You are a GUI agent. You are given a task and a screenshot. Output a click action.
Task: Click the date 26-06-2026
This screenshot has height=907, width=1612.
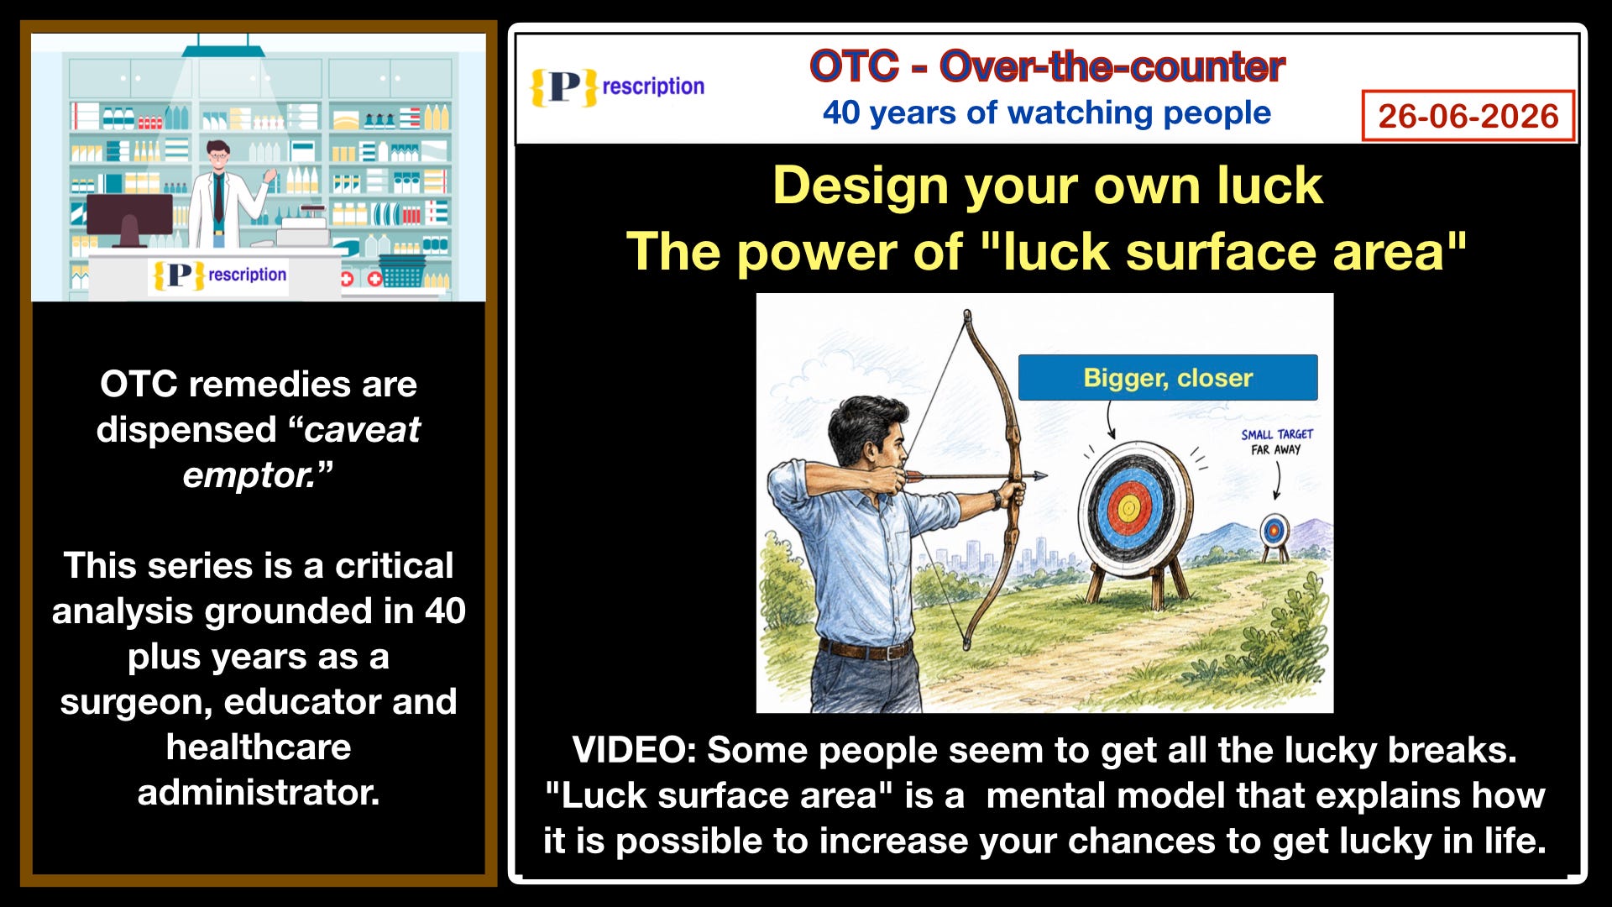pyautogui.click(x=1468, y=116)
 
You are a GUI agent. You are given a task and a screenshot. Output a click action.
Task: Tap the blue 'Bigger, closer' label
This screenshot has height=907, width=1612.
pyautogui.click(x=1168, y=377)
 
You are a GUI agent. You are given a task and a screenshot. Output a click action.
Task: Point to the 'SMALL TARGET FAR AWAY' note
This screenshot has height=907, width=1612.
pyautogui.click(x=1277, y=442)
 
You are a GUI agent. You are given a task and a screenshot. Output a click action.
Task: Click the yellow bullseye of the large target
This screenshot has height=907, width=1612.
pyautogui.click(x=1128, y=507)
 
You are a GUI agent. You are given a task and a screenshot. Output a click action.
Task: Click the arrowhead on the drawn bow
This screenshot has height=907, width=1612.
pyautogui.click(x=1039, y=476)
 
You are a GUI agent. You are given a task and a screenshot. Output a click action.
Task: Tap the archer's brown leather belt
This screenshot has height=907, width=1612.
pyautogui.click(x=865, y=648)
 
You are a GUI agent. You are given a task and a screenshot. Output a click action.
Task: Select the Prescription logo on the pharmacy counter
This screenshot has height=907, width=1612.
pyautogui.click(x=219, y=275)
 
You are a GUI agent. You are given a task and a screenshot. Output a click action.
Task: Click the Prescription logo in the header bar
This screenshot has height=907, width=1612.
pyautogui.click(x=617, y=87)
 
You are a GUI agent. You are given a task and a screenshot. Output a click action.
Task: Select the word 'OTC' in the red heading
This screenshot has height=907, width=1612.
pyautogui.click(x=854, y=66)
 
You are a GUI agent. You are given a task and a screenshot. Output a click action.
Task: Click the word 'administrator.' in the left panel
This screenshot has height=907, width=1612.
pyautogui.click(x=259, y=792)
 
